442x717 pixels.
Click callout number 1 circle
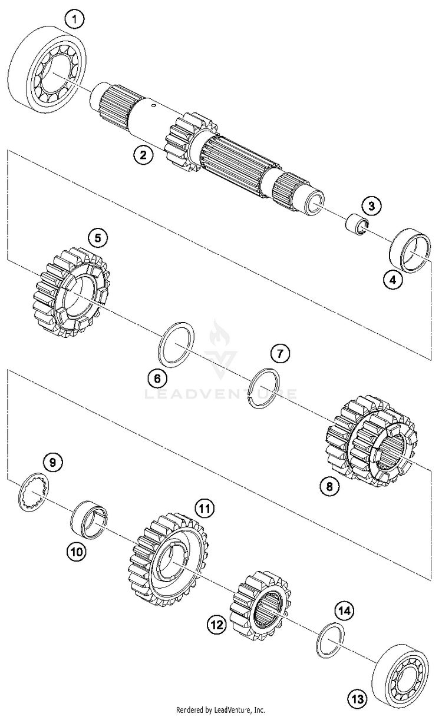[x=74, y=20]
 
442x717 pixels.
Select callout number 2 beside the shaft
[x=143, y=155]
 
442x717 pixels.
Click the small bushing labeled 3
[x=357, y=224]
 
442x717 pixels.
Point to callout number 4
[x=392, y=280]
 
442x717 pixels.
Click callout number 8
[x=329, y=486]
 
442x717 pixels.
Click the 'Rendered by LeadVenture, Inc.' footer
[x=221, y=710]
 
